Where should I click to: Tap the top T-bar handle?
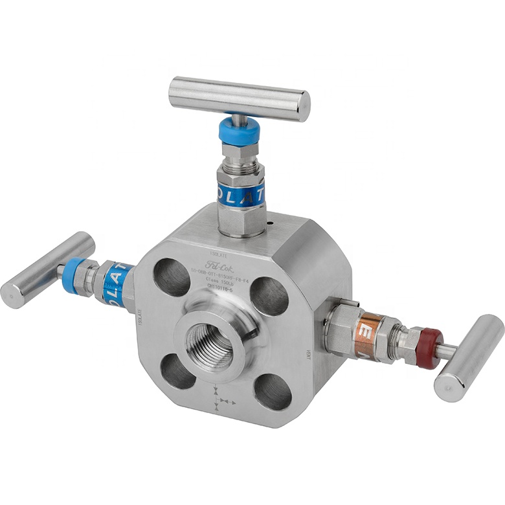(x=239, y=99)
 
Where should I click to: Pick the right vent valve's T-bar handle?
(x=469, y=357)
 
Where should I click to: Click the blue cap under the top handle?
(x=239, y=131)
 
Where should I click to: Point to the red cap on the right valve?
(x=429, y=348)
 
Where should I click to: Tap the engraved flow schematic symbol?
(x=221, y=397)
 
